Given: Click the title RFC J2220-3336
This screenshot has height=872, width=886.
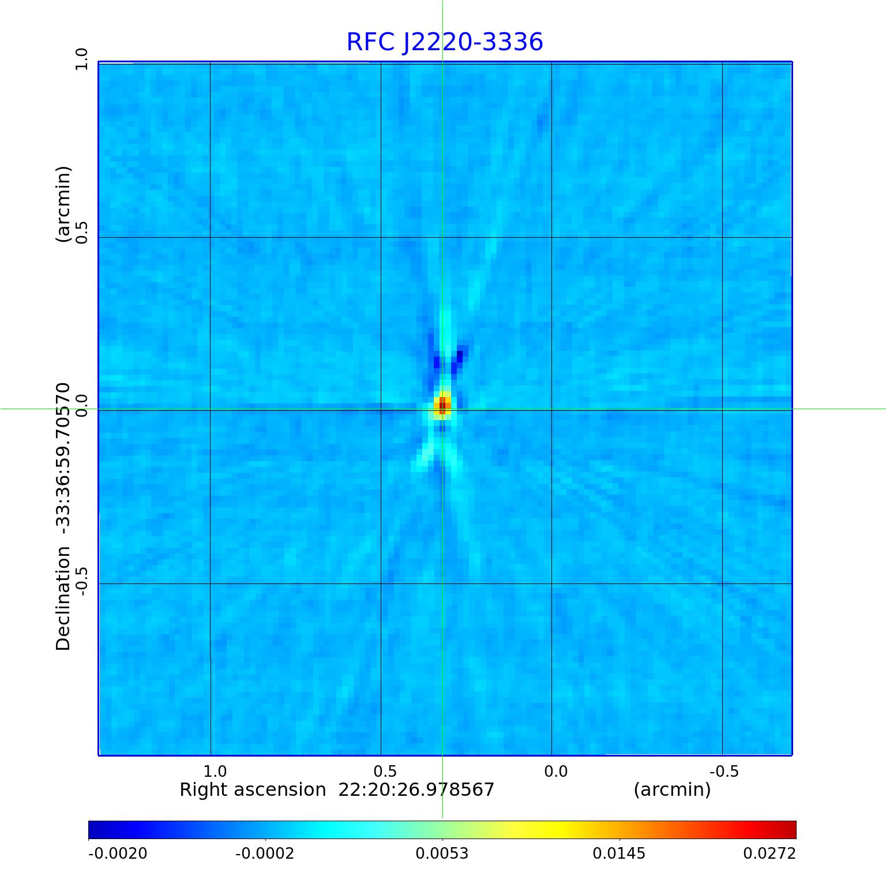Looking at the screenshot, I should [444, 42].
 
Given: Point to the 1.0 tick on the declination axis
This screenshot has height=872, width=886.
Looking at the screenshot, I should [81, 59].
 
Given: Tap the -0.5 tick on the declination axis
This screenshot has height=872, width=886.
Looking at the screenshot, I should [81, 581].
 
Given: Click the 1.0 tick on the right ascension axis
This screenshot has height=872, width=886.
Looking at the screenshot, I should [215, 772].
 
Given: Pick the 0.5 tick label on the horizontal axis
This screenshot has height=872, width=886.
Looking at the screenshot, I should [385, 772].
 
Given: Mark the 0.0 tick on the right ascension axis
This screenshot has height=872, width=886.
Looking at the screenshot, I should [556, 772].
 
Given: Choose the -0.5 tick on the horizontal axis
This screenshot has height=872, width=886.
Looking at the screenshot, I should [724, 772].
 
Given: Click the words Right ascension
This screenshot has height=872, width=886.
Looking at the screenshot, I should [253, 789].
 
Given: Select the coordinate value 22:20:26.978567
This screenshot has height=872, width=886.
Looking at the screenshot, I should [416, 789].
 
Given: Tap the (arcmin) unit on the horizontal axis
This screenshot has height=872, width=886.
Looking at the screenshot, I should [672, 789].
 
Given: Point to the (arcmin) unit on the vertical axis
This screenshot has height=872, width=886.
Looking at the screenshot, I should [63, 204].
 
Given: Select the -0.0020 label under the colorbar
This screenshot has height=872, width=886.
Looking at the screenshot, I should [118, 853].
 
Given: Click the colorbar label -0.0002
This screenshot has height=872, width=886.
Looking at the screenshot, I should [265, 853].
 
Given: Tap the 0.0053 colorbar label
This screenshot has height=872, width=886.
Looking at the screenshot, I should [442, 853].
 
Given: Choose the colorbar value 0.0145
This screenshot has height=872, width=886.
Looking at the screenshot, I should [620, 853].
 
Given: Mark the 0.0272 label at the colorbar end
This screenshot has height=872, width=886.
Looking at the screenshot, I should [769, 853].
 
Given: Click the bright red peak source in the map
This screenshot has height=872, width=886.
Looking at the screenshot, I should [442, 405].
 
